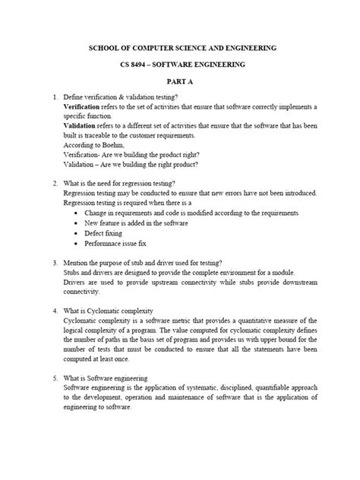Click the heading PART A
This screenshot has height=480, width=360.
click(x=180, y=81)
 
